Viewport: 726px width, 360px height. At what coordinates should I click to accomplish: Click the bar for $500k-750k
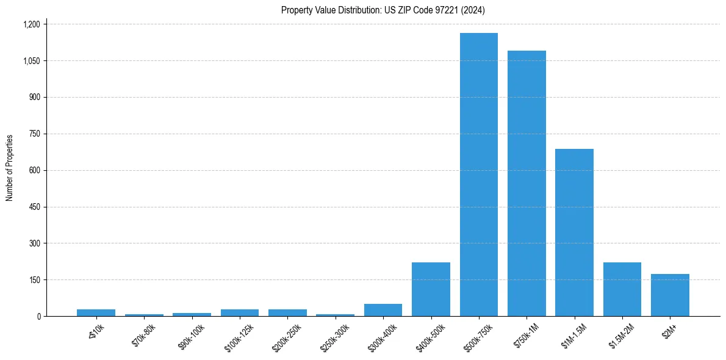(x=478, y=175)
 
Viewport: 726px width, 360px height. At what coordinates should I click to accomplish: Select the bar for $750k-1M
(x=527, y=183)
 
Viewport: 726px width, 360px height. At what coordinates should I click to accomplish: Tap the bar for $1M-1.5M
(x=574, y=232)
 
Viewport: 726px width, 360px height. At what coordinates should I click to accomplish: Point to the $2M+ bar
(x=670, y=295)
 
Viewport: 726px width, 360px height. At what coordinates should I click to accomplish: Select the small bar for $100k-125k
(x=240, y=313)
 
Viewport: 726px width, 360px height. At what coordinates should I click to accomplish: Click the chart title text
(x=383, y=10)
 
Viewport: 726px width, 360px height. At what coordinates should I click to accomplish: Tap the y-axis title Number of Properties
(x=10, y=168)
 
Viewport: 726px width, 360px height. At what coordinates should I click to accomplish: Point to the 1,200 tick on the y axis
(x=31, y=24)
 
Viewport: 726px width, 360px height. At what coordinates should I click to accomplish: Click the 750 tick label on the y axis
(x=34, y=134)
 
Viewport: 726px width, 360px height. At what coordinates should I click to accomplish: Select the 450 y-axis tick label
(x=34, y=207)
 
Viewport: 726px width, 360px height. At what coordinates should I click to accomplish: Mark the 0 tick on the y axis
(x=38, y=316)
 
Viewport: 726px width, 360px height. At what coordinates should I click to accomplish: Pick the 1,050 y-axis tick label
(x=31, y=61)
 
